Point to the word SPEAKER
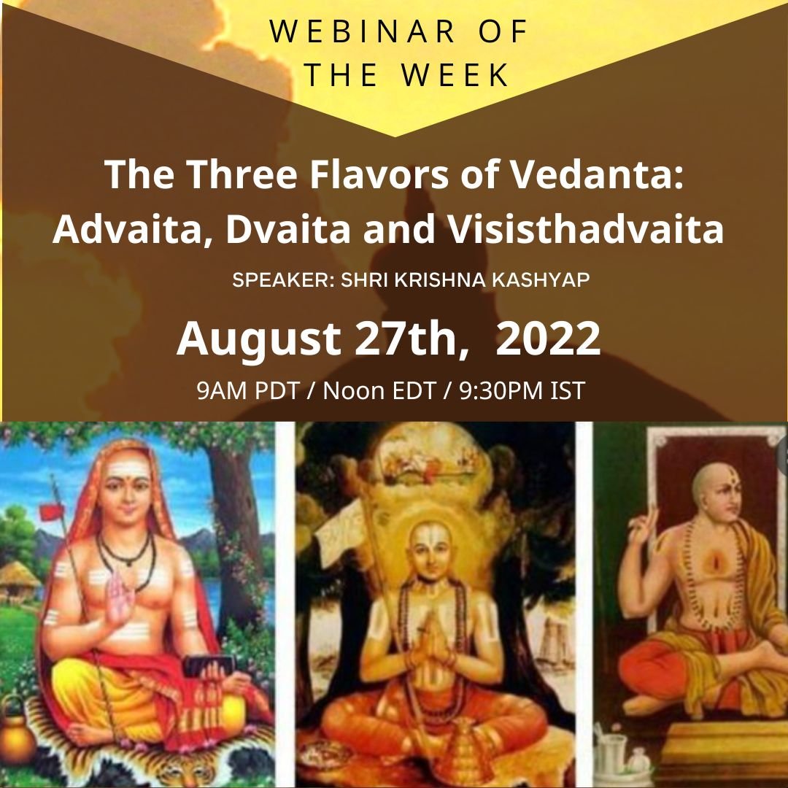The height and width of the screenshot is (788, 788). [279, 281]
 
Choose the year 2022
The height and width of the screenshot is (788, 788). [548, 338]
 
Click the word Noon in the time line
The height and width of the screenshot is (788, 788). [355, 391]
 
